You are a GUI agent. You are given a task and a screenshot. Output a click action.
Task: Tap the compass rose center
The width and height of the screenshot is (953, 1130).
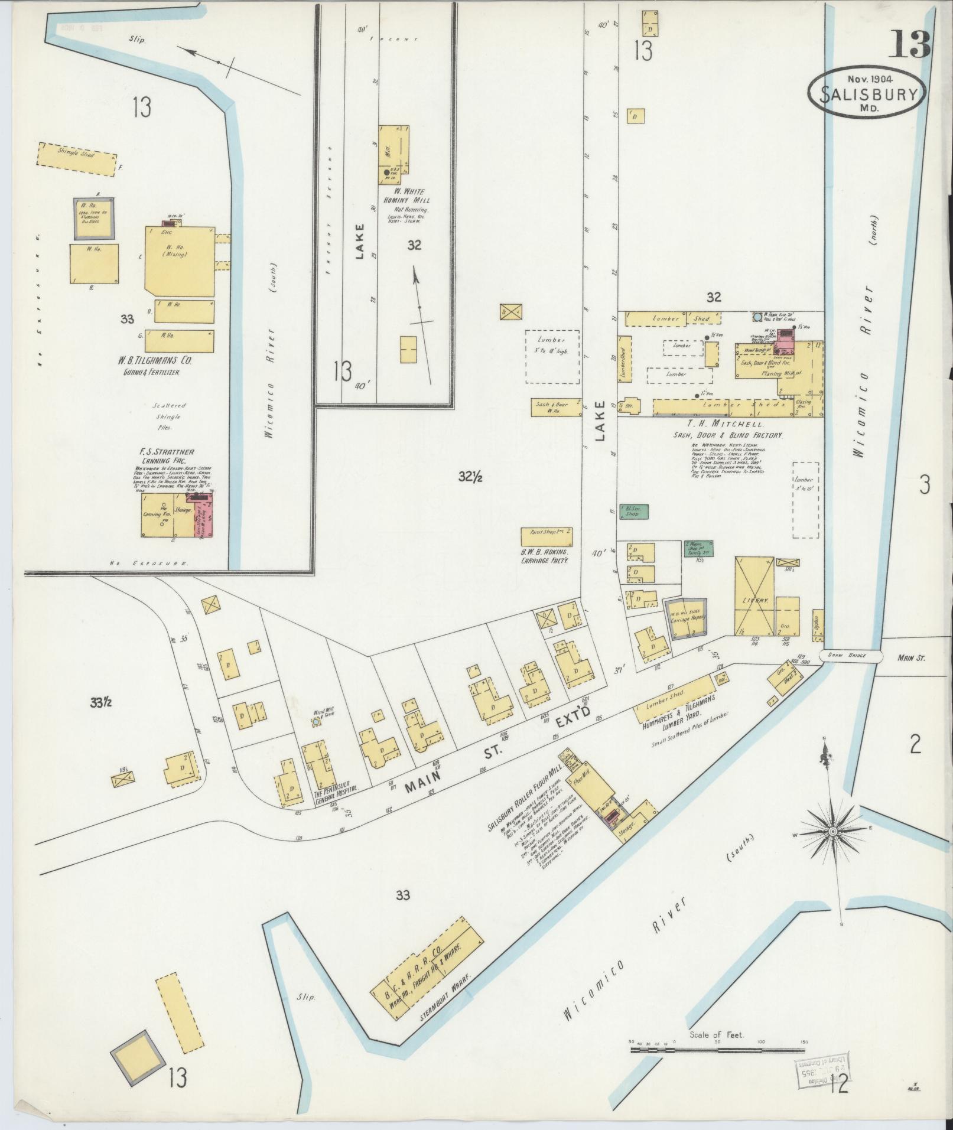[x=832, y=832]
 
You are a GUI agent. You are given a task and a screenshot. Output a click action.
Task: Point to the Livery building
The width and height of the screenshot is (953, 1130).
[x=754, y=595]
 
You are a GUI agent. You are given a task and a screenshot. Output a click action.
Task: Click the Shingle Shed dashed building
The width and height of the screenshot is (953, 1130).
[x=78, y=159]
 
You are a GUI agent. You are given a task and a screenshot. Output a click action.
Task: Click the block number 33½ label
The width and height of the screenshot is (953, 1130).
[x=102, y=702]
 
